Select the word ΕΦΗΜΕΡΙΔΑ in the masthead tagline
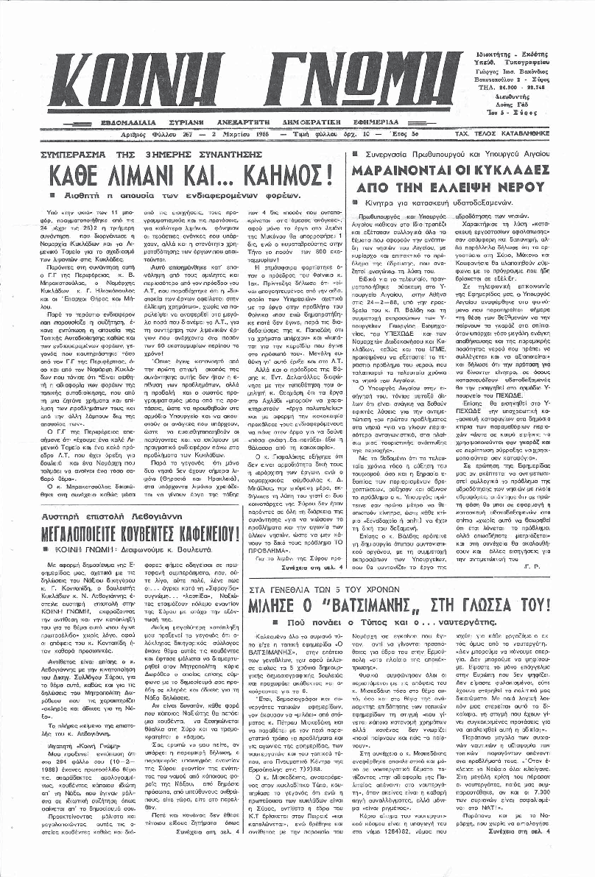pos(372,121)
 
